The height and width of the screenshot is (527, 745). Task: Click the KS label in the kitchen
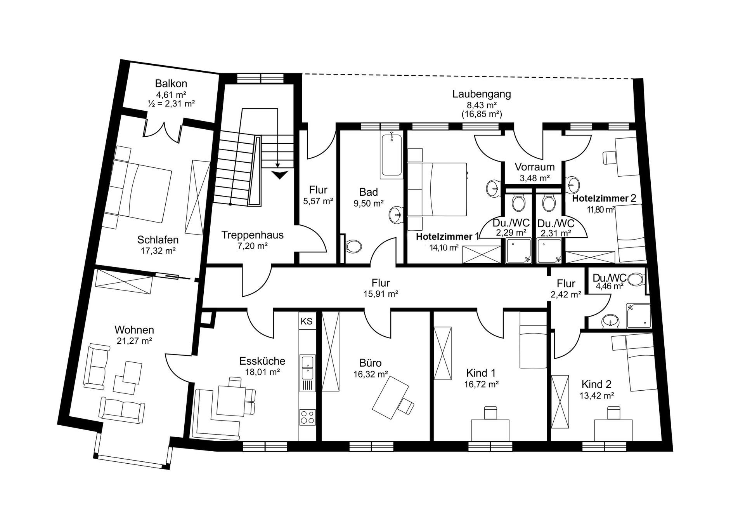click(307, 321)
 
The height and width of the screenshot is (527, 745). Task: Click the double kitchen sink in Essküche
click(307, 367)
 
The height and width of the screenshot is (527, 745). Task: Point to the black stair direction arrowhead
click(279, 175)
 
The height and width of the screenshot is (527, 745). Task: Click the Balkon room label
click(171, 83)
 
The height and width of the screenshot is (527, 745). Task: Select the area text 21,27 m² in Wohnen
click(134, 341)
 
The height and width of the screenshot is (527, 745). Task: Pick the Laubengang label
click(482, 94)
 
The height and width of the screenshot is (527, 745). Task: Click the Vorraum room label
click(534, 167)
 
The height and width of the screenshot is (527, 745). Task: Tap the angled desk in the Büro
click(390, 398)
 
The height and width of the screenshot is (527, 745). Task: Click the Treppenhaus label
click(252, 235)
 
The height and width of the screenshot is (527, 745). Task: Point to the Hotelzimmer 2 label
click(604, 198)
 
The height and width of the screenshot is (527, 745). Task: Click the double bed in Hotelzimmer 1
click(438, 189)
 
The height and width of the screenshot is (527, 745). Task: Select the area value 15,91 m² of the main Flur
click(381, 294)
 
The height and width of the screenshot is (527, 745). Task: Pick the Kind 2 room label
click(596, 384)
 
